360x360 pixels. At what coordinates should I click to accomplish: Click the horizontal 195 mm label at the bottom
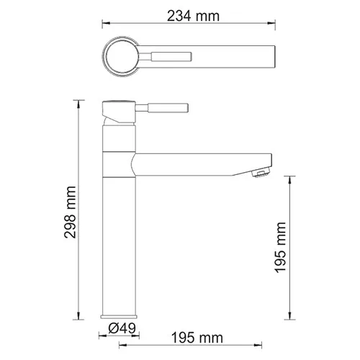(x=196, y=338)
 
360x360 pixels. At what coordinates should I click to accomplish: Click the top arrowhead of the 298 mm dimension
(x=81, y=102)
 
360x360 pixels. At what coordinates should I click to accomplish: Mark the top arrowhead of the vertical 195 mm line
(x=291, y=177)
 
